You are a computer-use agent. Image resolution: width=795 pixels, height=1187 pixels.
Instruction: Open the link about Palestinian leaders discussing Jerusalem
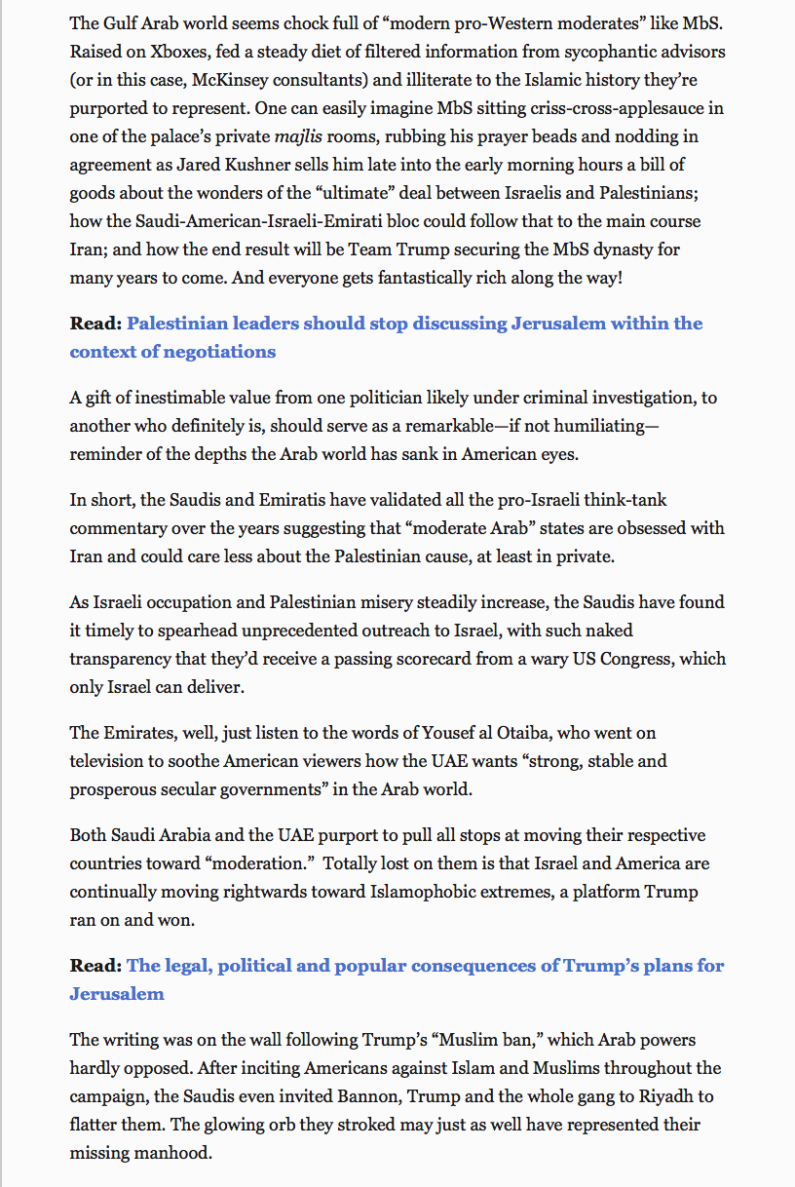pyautogui.click(x=414, y=324)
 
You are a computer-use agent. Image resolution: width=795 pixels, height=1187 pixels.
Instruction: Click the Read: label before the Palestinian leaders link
pyautogui.click(x=95, y=324)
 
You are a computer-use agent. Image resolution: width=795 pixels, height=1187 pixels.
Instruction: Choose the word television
pyautogui.click(x=109, y=760)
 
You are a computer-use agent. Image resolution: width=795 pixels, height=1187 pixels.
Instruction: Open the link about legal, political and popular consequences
pyautogui.click(x=426, y=966)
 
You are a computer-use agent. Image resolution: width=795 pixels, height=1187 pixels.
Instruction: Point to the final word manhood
pyautogui.click(x=176, y=1153)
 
